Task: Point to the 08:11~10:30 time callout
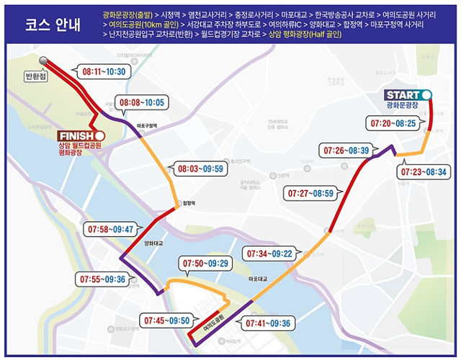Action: point(104,72)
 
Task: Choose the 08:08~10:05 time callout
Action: point(142,103)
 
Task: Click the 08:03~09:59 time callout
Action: point(200,170)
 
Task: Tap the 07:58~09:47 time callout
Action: point(112,230)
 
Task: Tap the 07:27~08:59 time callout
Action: point(310,194)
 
